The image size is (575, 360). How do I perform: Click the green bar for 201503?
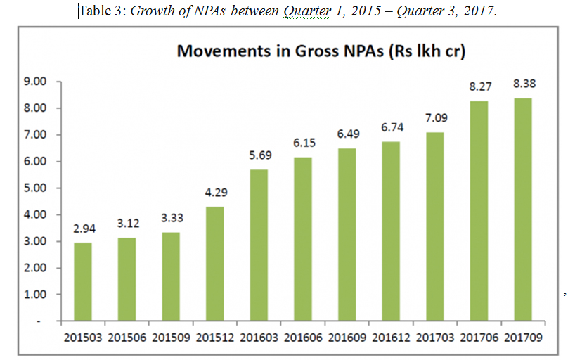tap(83, 281)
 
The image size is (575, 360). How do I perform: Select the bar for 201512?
tap(214, 264)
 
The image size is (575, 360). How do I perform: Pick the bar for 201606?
tap(302, 239)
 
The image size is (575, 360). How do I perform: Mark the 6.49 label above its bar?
tap(347, 134)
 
